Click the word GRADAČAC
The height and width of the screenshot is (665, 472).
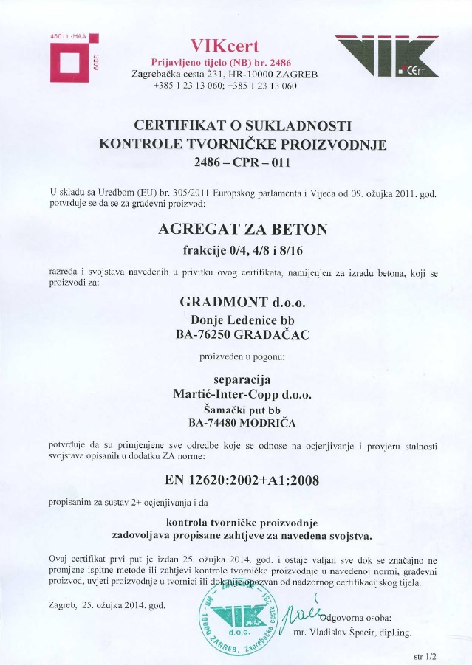pyautogui.click(x=276, y=335)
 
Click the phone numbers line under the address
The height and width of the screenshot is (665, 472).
pyautogui.click(x=225, y=86)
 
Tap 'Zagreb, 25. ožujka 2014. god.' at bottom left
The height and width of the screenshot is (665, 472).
pyautogui.click(x=106, y=605)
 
